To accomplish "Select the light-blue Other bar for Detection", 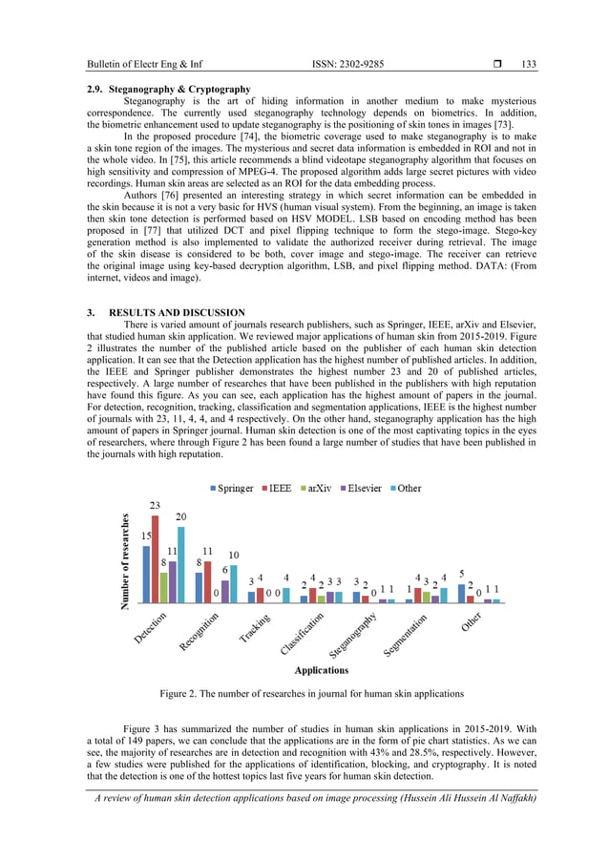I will tap(181, 565).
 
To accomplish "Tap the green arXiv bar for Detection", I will tap(164, 588).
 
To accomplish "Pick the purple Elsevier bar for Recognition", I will tap(225, 592).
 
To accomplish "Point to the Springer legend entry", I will tap(231, 488).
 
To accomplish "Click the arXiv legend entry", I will tap(318, 488).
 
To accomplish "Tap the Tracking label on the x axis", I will tap(255, 631).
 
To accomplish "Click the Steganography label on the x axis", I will tap(355, 637).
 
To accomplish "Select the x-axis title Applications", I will tap(321, 671).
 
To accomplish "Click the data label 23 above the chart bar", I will tap(155, 505).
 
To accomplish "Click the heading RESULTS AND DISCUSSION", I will tap(178, 313).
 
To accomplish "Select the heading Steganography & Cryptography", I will tap(168, 89).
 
